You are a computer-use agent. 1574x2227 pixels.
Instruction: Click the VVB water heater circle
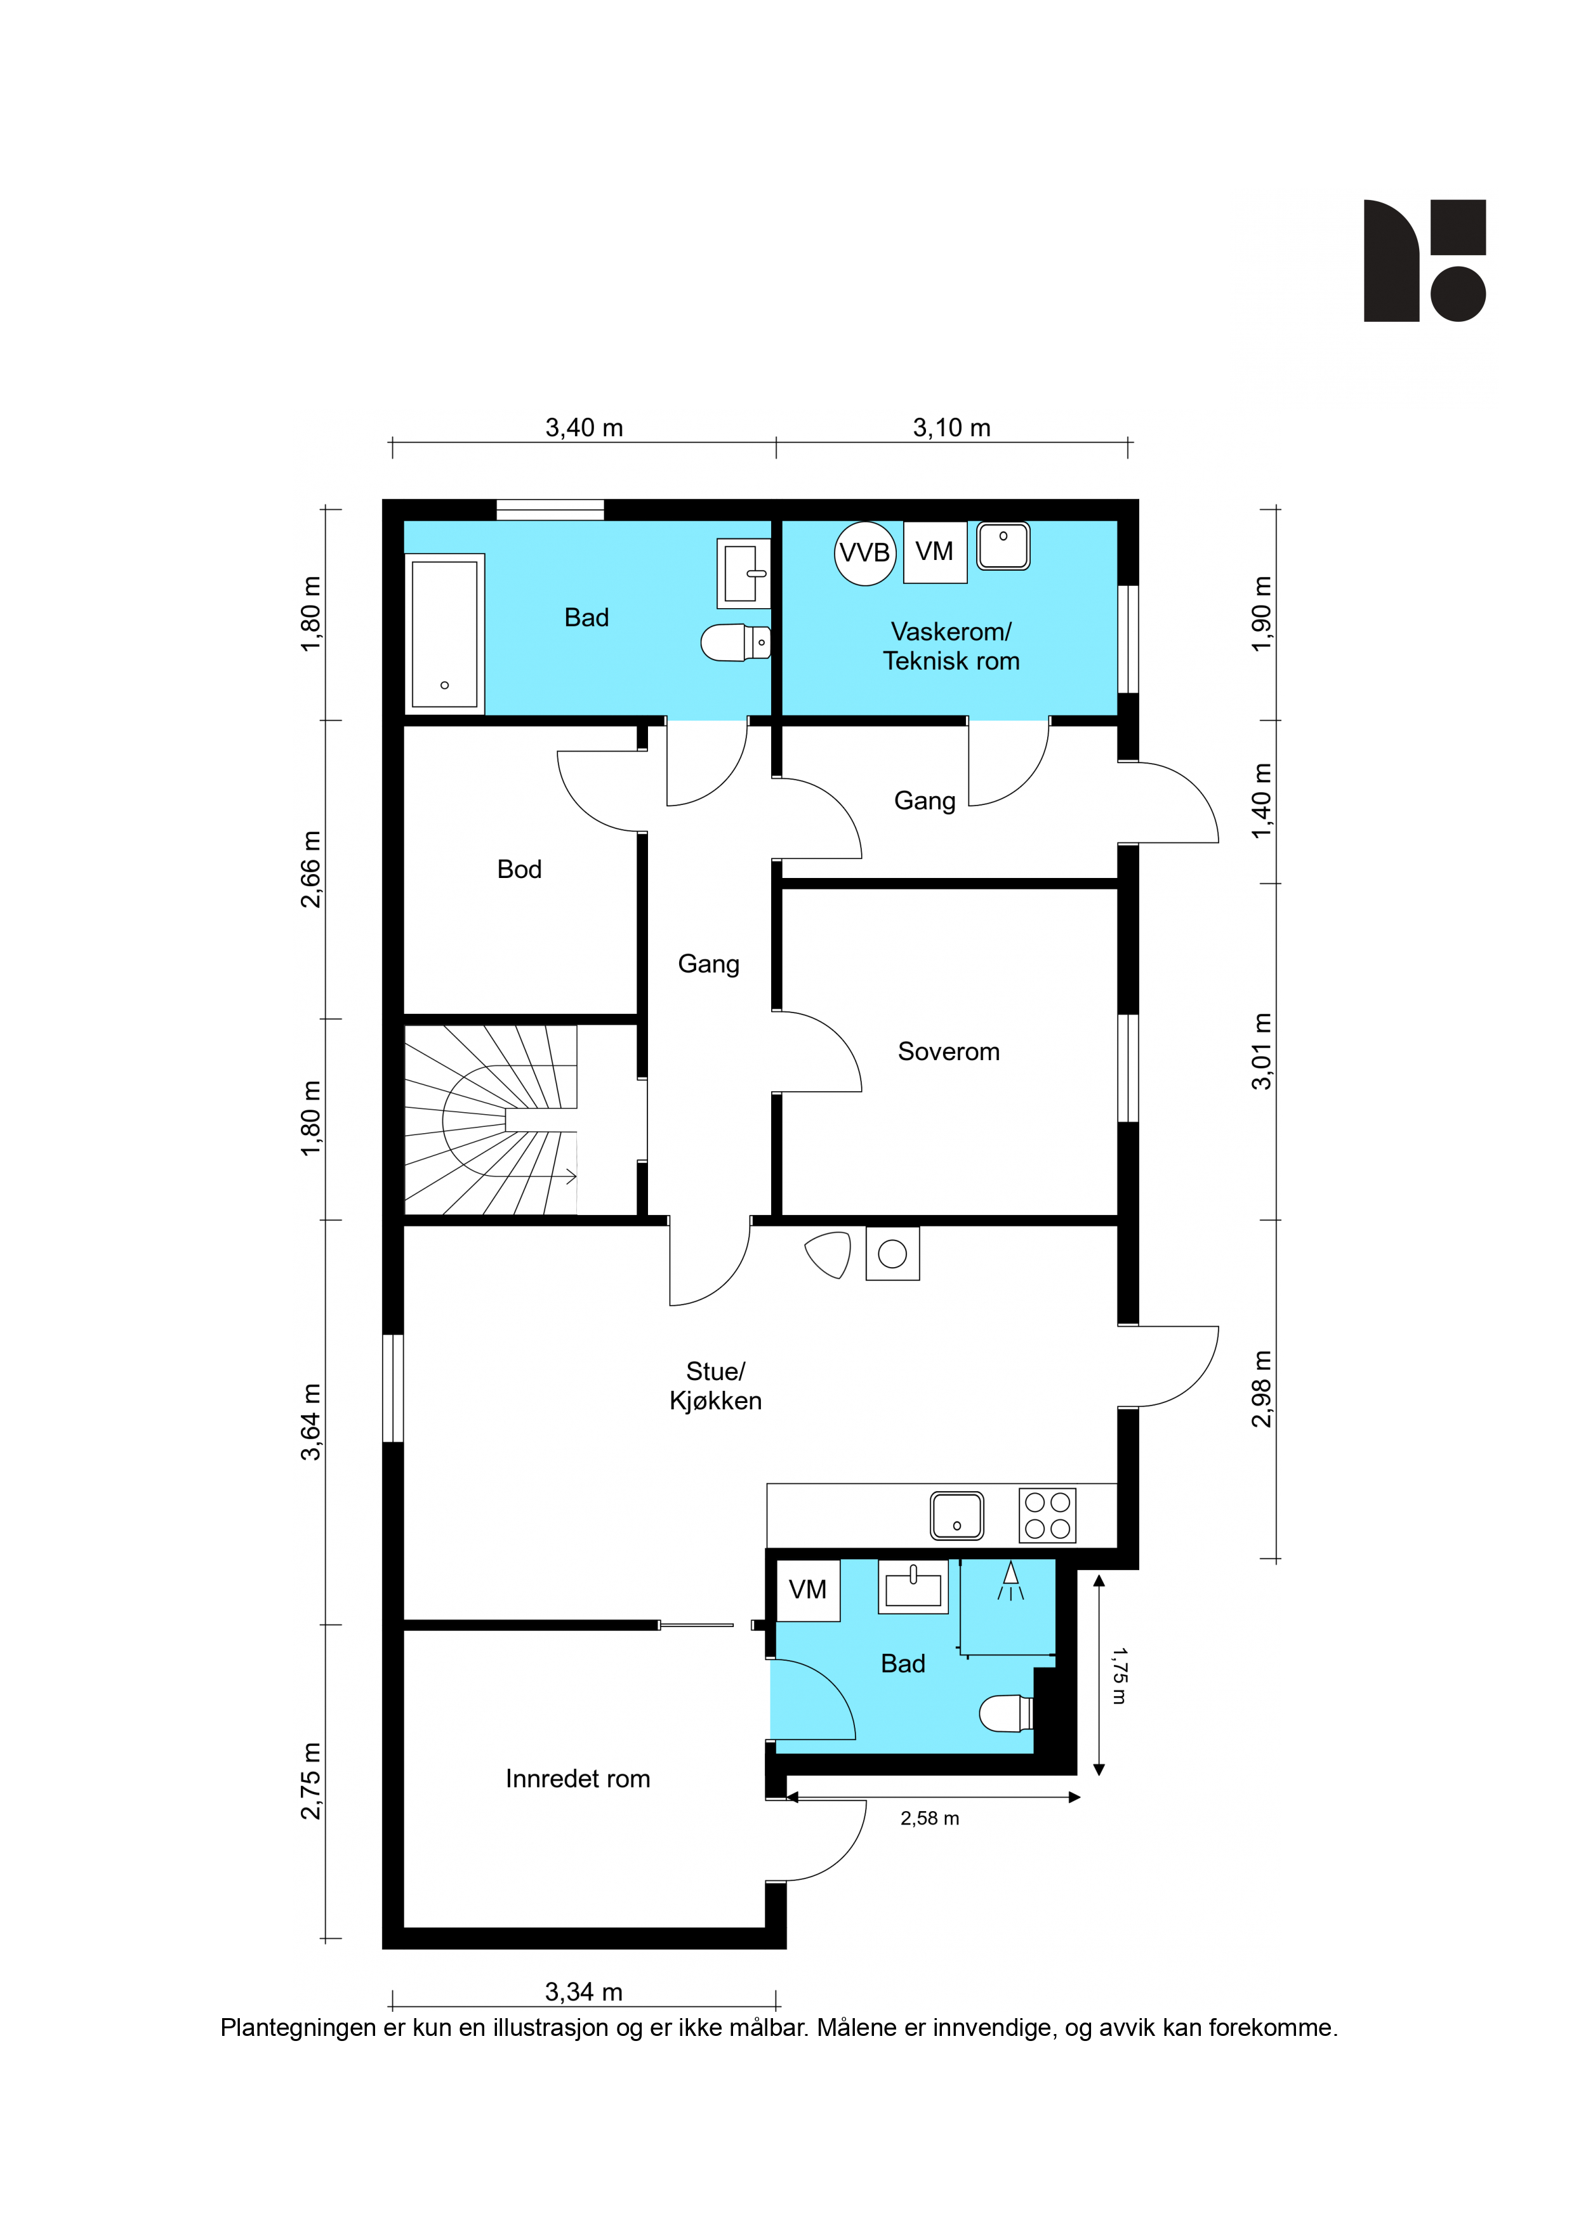click(865, 553)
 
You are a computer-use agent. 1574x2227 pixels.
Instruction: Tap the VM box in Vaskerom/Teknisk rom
click(935, 552)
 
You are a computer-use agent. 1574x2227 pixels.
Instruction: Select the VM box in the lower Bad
click(809, 1590)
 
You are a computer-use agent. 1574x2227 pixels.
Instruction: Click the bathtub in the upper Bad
click(444, 634)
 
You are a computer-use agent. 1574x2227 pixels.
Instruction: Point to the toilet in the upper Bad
click(735, 642)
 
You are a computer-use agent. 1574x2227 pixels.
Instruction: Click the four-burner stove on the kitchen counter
click(1047, 1515)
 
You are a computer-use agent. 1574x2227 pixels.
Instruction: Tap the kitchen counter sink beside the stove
click(957, 1515)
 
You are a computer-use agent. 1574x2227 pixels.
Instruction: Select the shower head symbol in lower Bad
click(1010, 1581)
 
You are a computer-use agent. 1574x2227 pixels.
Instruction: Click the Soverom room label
click(948, 1051)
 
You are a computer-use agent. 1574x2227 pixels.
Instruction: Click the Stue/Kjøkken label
click(716, 1386)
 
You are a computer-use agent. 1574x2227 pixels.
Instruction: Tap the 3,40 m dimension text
click(584, 428)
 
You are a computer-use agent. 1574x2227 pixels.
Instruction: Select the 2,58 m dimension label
click(930, 1819)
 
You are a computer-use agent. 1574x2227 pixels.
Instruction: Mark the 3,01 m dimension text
click(1260, 1051)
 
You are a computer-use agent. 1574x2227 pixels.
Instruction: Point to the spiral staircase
click(491, 1120)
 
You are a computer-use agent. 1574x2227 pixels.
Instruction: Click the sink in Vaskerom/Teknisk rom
click(1003, 546)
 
